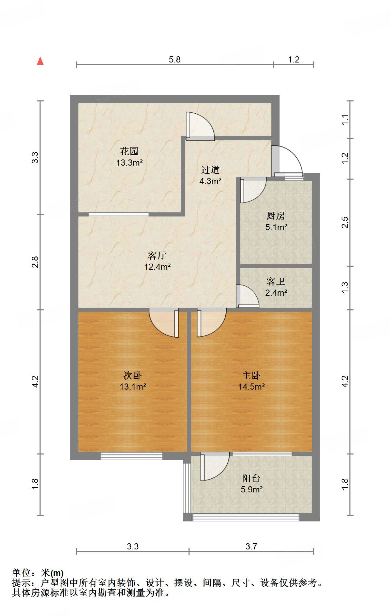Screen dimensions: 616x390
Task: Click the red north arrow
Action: [40, 61]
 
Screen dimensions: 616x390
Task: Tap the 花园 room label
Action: [129, 151]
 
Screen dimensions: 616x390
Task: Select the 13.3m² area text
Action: [129, 163]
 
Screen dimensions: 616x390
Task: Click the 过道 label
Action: [210, 170]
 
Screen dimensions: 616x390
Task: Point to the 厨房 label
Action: [275, 216]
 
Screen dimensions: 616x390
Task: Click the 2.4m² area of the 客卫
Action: [276, 293]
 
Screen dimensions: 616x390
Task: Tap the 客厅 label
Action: [157, 255]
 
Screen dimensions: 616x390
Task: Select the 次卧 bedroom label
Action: [133, 375]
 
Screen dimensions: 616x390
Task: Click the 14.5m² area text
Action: [251, 387]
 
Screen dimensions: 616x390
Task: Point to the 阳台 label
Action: [251, 478]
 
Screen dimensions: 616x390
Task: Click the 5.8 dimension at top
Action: [175, 59]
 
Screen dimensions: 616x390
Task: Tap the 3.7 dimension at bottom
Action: [251, 546]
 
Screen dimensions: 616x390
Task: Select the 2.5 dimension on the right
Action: [345, 222]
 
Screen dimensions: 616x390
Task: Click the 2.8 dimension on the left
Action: [35, 262]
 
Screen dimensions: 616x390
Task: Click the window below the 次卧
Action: [131, 456]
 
